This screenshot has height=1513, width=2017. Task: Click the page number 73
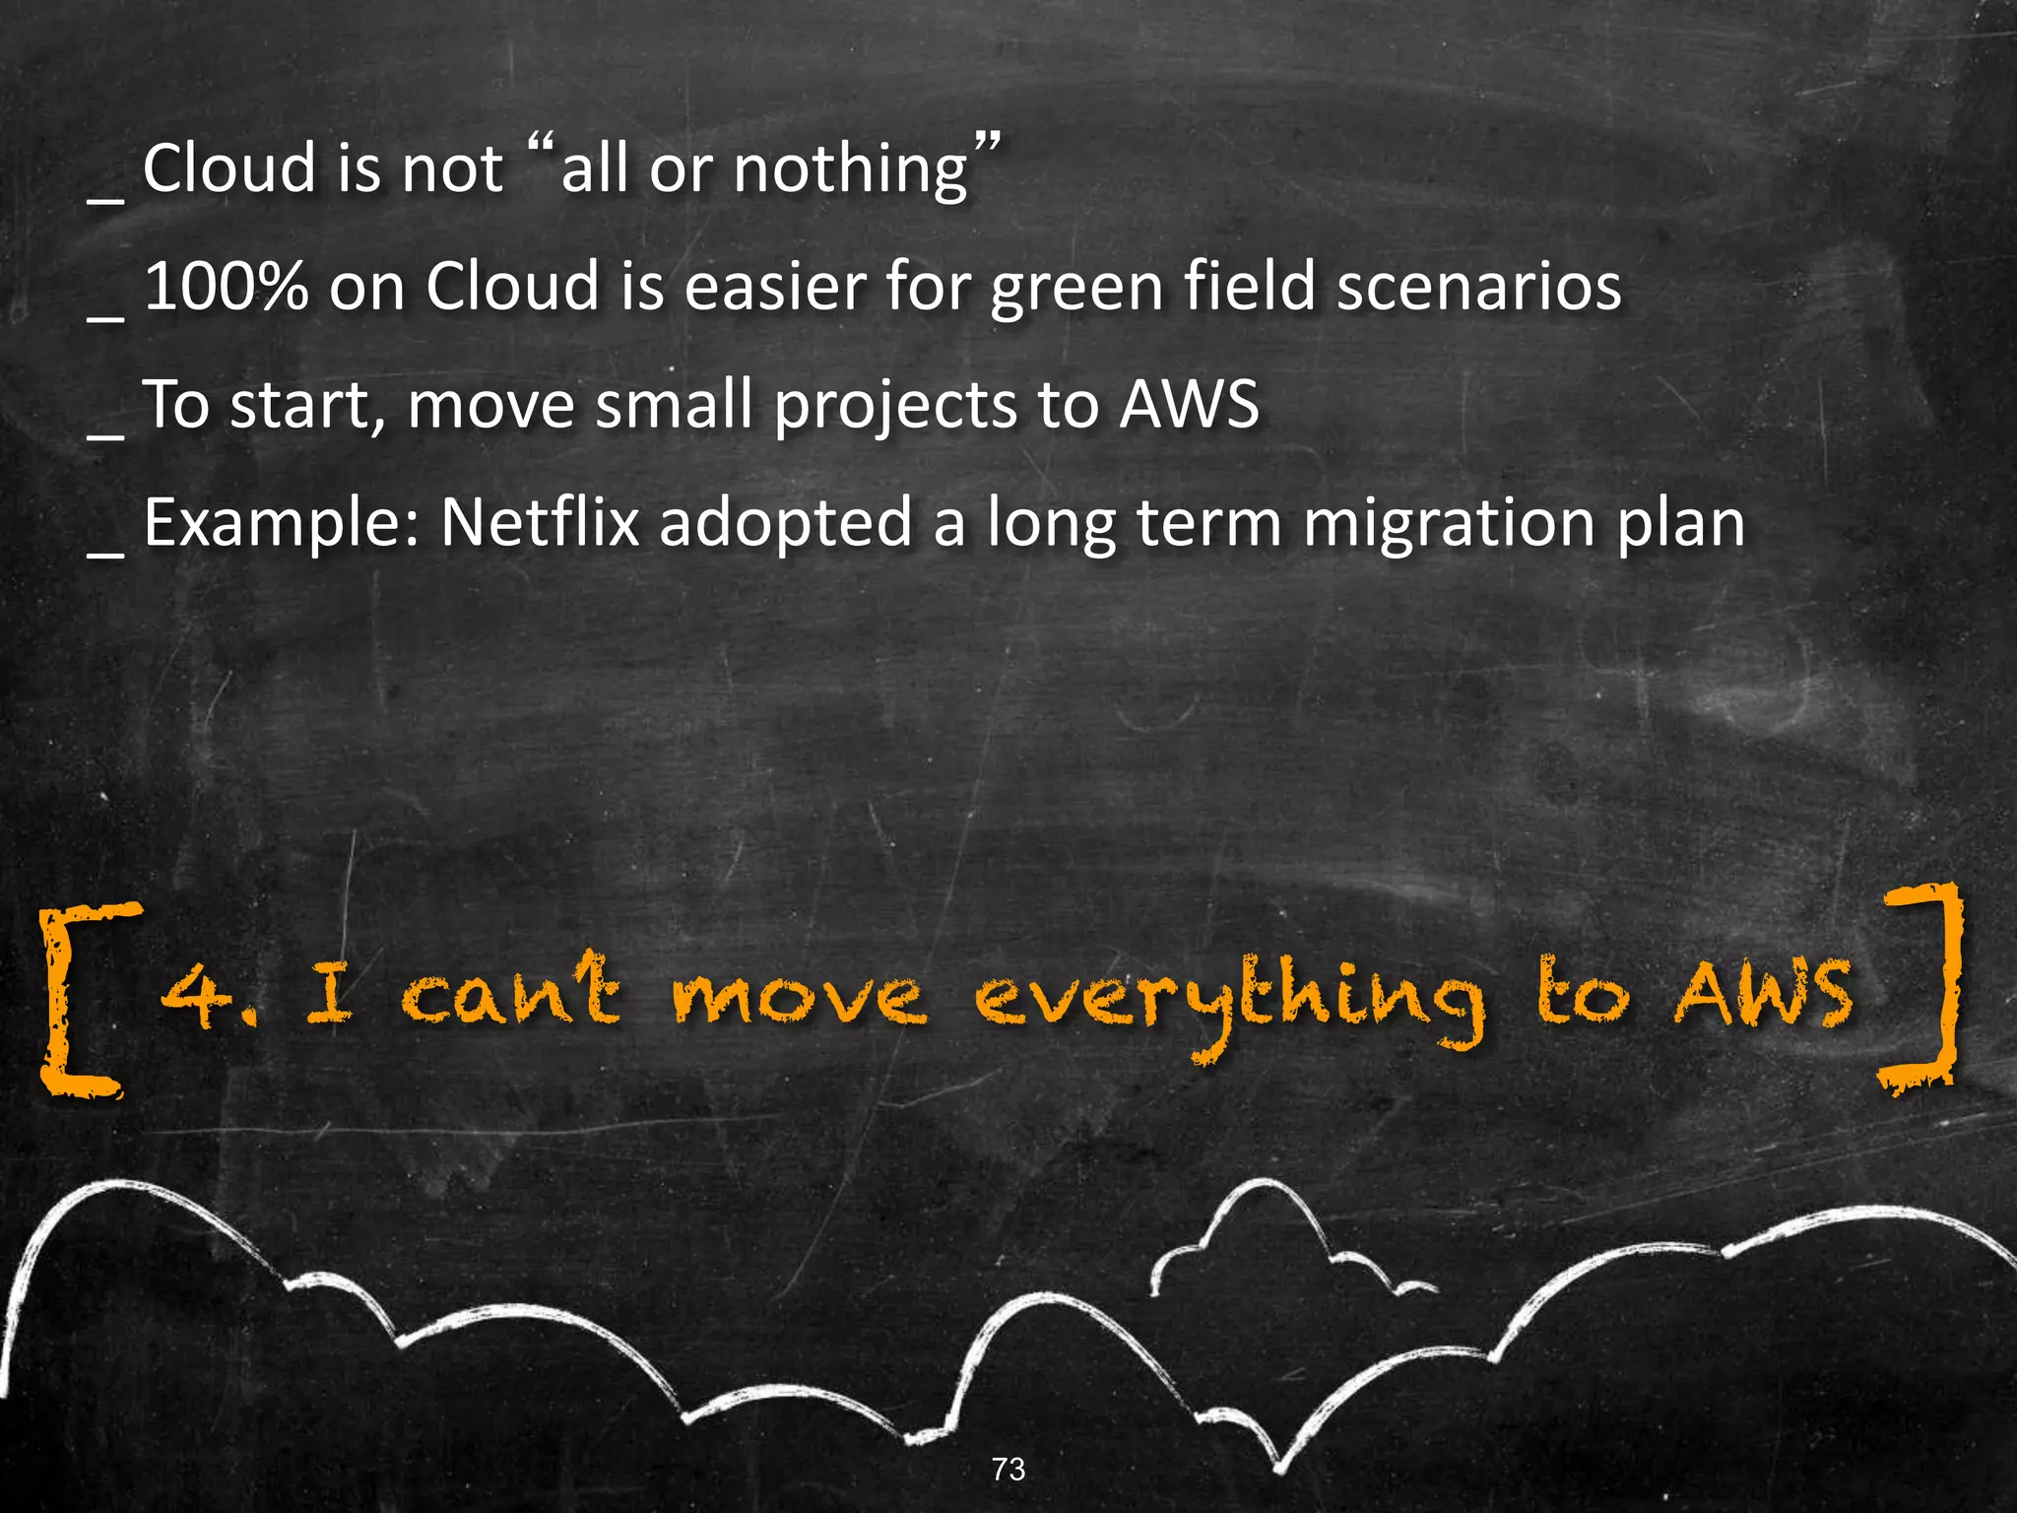click(x=1008, y=1469)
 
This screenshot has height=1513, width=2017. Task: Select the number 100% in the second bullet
click(x=226, y=287)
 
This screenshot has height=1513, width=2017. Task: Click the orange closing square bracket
click(x=1921, y=988)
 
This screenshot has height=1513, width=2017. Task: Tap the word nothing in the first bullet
click(x=851, y=168)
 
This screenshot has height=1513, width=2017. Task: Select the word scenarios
click(x=1478, y=287)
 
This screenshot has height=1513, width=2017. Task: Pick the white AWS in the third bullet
click(x=1189, y=405)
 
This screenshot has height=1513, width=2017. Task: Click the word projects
click(x=895, y=407)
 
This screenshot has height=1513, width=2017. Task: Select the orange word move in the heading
click(x=799, y=997)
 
